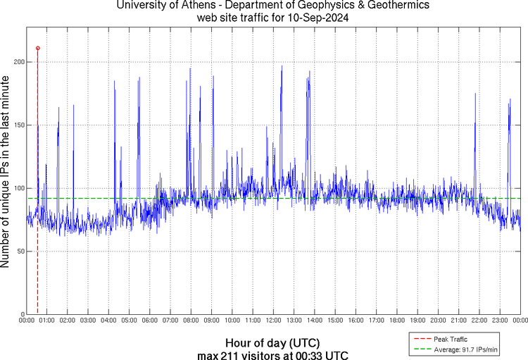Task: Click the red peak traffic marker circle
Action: (x=37, y=48)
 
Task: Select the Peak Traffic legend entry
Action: (x=450, y=339)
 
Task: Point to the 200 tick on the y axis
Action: (x=18, y=62)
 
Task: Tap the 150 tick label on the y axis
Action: (x=18, y=125)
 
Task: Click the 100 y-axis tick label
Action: (x=18, y=188)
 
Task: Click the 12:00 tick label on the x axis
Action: (x=273, y=321)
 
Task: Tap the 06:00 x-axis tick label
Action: (x=150, y=321)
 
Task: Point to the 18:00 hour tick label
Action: (x=397, y=321)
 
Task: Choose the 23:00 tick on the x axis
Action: (x=500, y=321)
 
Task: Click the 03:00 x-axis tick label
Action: (x=88, y=321)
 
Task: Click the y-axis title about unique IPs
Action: (x=6, y=174)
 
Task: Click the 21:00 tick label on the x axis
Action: (x=458, y=321)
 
